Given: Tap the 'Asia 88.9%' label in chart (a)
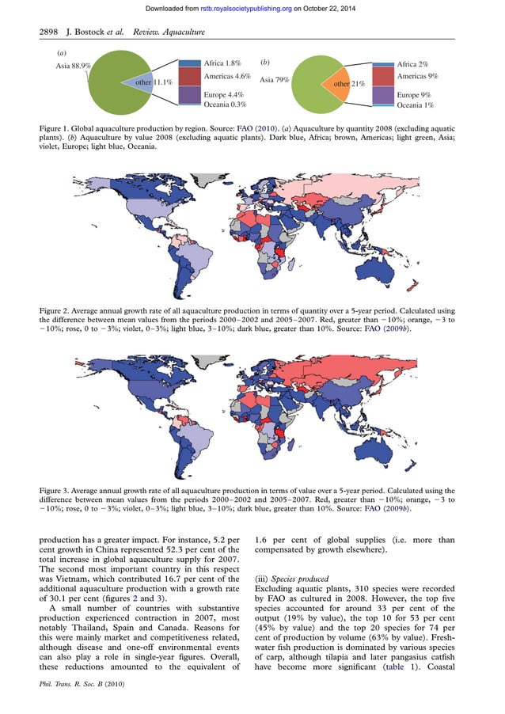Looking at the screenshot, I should tap(73, 66).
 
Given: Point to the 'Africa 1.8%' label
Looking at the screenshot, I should tap(222, 63).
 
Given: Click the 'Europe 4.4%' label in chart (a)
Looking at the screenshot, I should tap(223, 94).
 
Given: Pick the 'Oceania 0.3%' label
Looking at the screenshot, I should tap(225, 104).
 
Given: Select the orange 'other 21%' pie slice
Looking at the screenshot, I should tap(348, 83).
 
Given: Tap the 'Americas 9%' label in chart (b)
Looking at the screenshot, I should tap(417, 77).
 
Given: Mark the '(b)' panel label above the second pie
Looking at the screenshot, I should tap(265, 61).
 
